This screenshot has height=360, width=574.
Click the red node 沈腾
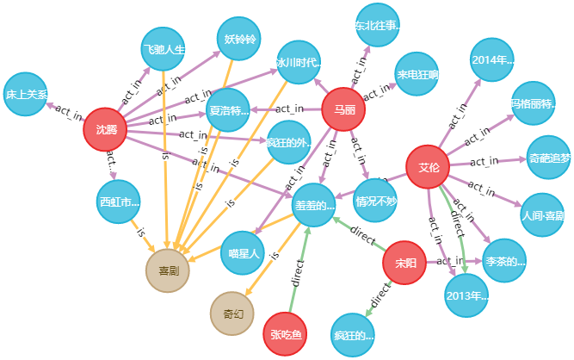coord(105,129)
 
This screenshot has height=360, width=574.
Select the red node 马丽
coord(343,109)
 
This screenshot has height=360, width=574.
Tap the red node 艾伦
coord(428,167)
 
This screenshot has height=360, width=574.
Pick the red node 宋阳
coord(404,262)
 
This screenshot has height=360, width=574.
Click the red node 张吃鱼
coord(285,333)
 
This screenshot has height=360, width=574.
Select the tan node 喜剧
coord(168,270)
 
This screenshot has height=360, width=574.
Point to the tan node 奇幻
coord(232,313)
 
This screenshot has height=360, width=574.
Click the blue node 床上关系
coord(26,94)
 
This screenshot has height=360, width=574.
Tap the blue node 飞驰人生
coord(164,49)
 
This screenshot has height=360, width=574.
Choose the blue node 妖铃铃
coord(238,40)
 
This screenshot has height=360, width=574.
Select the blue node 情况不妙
coord(376,201)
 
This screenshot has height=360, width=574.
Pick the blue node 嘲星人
coord(242,252)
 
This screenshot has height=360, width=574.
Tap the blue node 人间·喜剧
coord(543,214)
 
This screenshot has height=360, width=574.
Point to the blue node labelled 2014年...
coord(492,59)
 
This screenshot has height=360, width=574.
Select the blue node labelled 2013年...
coord(466,295)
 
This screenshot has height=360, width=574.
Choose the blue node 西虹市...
coord(118,202)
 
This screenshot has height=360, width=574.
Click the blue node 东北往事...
coord(379,26)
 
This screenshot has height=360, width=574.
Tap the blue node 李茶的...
coord(504,261)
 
